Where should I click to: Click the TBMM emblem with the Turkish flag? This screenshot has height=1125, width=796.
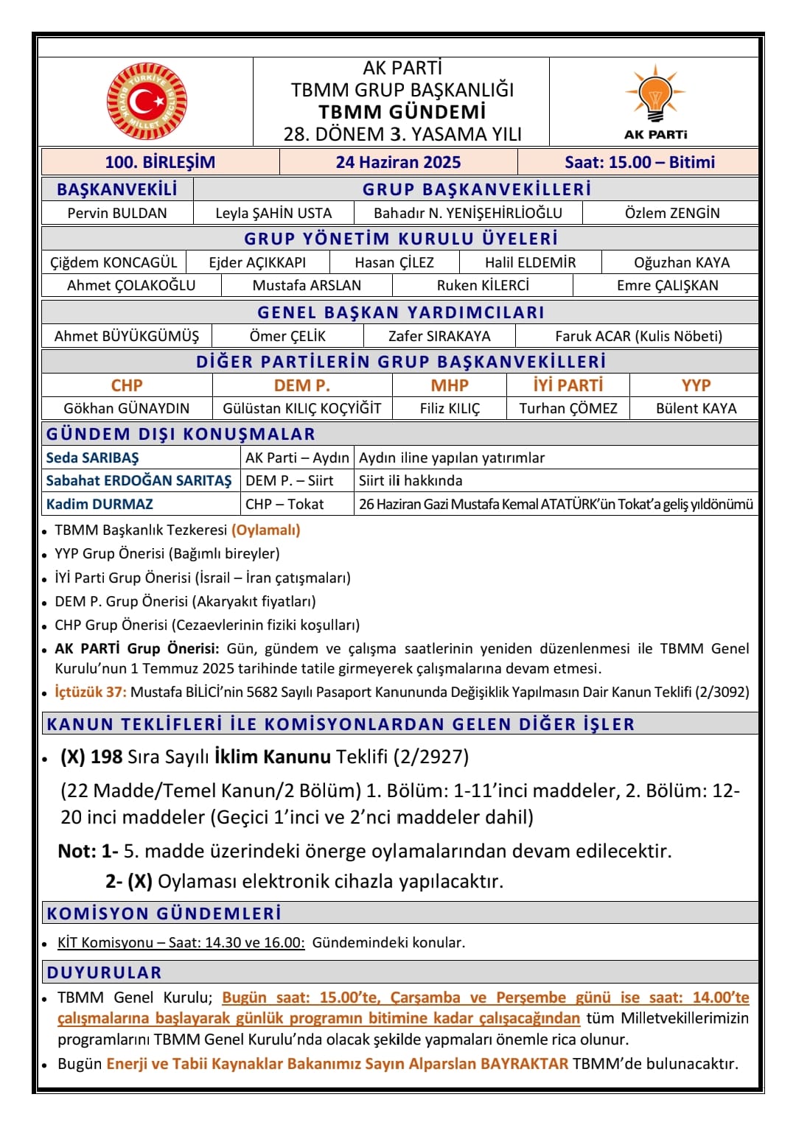tap(147, 102)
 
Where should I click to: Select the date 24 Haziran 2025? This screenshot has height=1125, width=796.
tap(398, 162)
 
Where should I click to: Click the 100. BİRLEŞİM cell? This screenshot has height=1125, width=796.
tap(160, 162)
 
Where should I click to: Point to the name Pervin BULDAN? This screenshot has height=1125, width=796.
tap(117, 213)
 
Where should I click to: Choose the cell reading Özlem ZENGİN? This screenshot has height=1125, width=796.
tap(671, 213)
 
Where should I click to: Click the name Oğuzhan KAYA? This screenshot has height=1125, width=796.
tap(681, 262)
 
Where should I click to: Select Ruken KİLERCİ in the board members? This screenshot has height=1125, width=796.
tap(483, 285)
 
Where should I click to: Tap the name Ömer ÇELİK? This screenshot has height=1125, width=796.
tap(287, 336)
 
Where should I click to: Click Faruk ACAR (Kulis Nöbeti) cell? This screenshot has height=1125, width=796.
tap(638, 336)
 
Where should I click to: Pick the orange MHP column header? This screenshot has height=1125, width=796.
tap(450, 385)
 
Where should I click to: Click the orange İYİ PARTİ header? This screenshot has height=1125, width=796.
tap(568, 385)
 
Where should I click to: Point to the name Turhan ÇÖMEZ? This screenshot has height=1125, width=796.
tap(568, 408)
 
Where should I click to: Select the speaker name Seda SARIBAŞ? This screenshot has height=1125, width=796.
tap(92, 458)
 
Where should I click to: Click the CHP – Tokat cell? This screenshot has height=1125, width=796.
tap(284, 504)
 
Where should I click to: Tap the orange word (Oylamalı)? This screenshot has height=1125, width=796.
tap(266, 530)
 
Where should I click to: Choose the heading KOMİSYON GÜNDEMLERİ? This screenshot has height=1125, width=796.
tap(164, 914)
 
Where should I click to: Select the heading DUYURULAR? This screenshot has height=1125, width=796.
tap(104, 972)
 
